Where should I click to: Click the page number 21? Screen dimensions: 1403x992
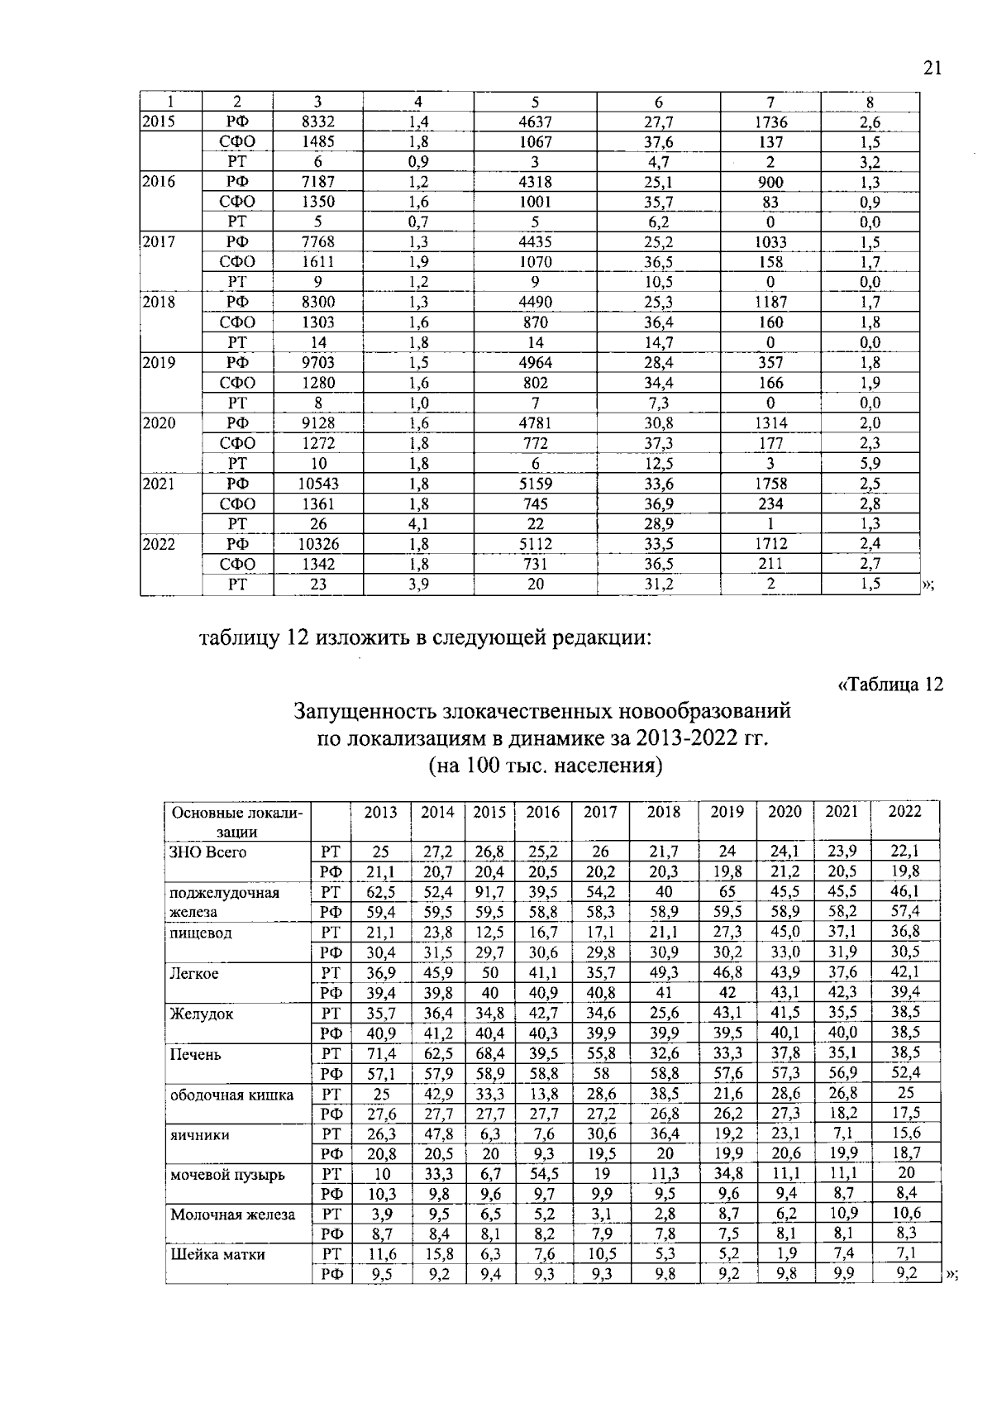(x=932, y=69)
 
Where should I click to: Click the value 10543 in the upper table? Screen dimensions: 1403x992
(x=318, y=484)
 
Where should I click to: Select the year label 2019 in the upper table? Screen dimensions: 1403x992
(x=159, y=362)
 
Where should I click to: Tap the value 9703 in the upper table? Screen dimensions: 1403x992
(x=318, y=362)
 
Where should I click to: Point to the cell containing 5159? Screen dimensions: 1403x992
(x=535, y=484)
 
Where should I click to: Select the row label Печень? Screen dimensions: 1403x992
(x=195, y=1055)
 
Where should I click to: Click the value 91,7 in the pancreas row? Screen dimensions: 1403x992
(x=489, y=893)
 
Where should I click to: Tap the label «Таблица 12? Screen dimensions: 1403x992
(x=889, y=685)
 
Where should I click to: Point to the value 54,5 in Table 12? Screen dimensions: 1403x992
(x=542, y=1174)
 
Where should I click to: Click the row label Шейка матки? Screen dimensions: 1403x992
(x=217, y=1255)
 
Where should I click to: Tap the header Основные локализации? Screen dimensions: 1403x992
(x=237, y=822)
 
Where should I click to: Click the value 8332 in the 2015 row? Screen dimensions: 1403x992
(x=318, y=122)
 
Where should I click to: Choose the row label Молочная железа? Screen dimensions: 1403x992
(x=232, y=1215)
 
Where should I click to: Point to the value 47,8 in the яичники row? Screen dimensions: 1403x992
(x=437, y=1134)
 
